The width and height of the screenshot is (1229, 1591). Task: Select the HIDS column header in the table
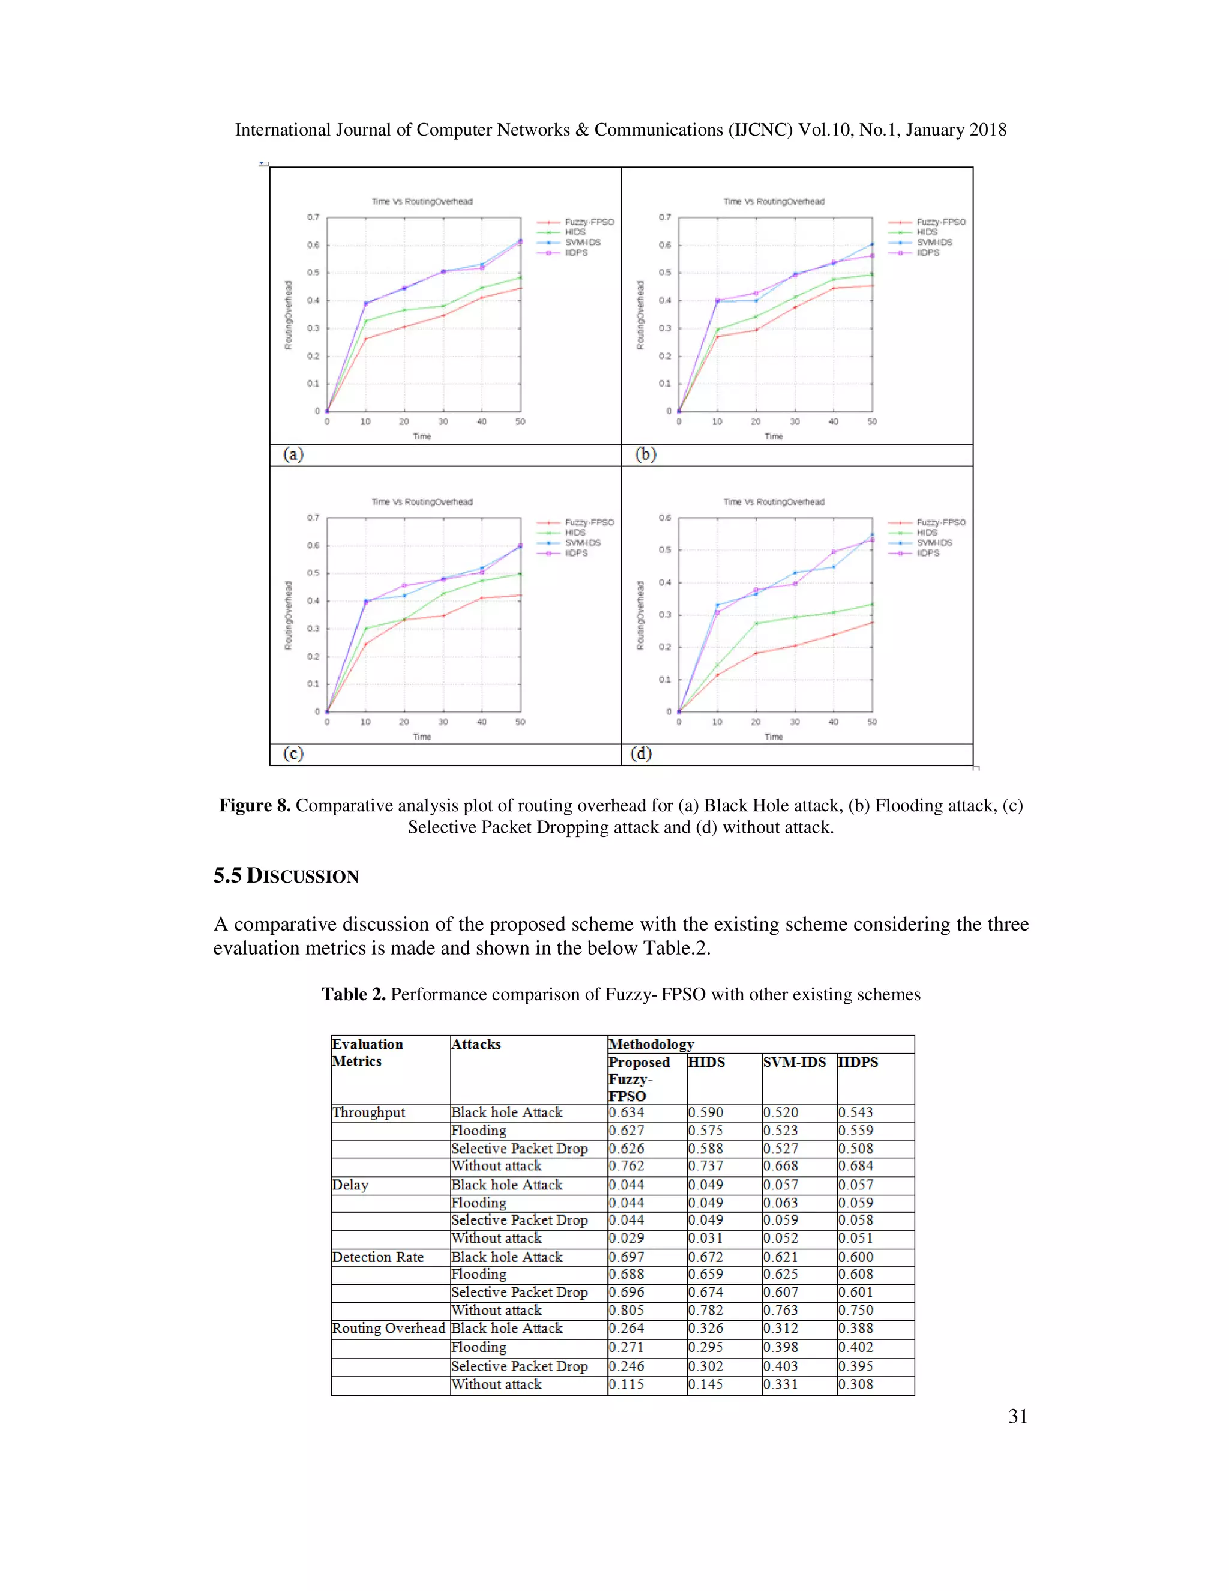pos(706,1062)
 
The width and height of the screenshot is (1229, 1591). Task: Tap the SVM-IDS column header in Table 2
pos(795,1062)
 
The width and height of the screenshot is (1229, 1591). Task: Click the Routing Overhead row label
pos(388,1328)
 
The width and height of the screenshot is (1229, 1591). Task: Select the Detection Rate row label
pos(378,1257)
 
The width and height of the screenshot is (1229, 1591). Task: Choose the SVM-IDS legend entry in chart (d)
pos(934,543)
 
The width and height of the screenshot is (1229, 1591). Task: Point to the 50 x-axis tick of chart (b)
pos(871,422)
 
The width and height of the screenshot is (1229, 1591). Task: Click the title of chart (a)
pos(422,202)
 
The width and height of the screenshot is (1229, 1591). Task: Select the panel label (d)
pos(642,754)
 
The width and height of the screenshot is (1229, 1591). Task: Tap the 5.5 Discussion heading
pos(286,875)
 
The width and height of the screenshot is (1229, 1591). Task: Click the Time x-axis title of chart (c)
pos(422,737)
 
